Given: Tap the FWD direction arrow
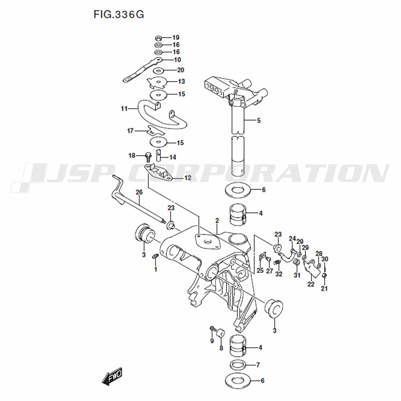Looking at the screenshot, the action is point(112,377).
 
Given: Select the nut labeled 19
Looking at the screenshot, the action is point(158,38).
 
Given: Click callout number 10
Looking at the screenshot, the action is point(177,60).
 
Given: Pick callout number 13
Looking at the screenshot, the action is point(181,81).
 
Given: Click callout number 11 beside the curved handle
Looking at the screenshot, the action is point(124,109).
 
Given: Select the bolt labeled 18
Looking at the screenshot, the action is point(148,156).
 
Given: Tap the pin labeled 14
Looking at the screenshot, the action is point(158,155).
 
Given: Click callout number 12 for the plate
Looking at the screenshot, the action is point(188,178).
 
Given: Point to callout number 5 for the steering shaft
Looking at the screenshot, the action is point(259,120).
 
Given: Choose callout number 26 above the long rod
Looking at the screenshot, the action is point(139,192).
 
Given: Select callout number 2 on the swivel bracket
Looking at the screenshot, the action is point(217,221).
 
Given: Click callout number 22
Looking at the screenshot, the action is point(311,284).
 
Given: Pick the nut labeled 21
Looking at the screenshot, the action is point(324,276).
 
